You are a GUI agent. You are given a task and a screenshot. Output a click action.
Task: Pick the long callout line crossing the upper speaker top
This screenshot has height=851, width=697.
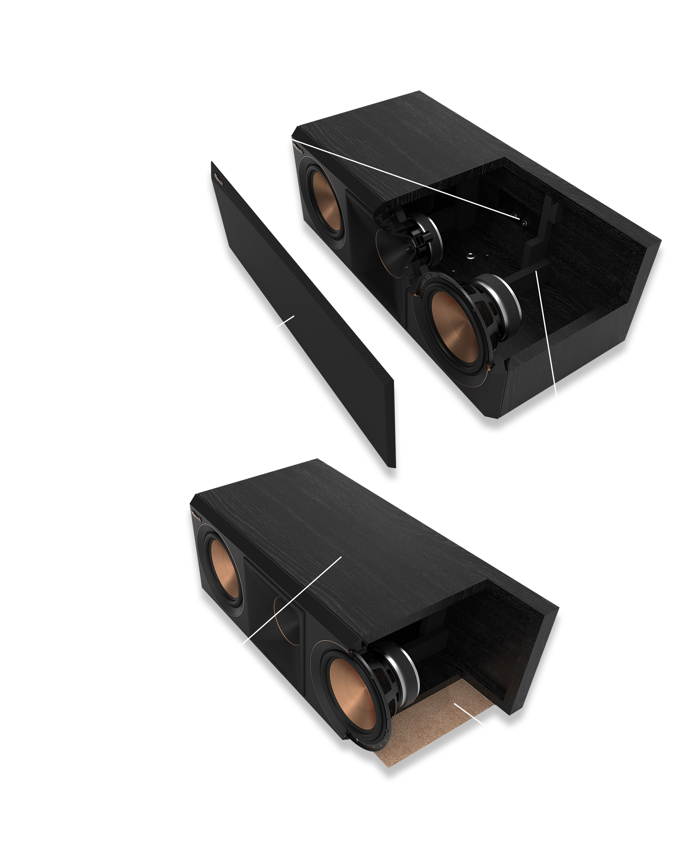coord(401,177)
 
